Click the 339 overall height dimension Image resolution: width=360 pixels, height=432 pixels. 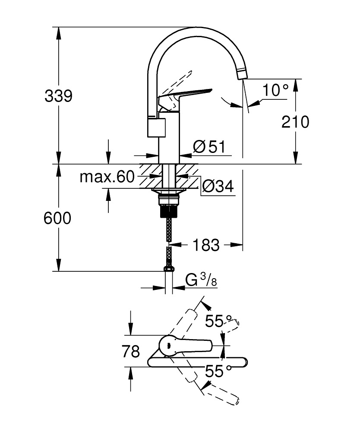(x=58, y=96)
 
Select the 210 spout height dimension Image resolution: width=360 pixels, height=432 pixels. (x=295, y=122)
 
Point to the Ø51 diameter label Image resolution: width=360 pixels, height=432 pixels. (x=209, y=147)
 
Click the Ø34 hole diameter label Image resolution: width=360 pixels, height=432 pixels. (x=218, y=187)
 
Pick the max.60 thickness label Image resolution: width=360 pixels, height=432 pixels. (x=107, y=177)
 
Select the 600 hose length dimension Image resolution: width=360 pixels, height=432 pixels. (x=57, y=218)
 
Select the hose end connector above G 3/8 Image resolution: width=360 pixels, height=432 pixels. (x=169, y=269)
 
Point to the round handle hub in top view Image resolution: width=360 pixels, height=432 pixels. (x=167, y=345)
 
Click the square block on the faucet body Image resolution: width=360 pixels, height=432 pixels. (x=157, y=128)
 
